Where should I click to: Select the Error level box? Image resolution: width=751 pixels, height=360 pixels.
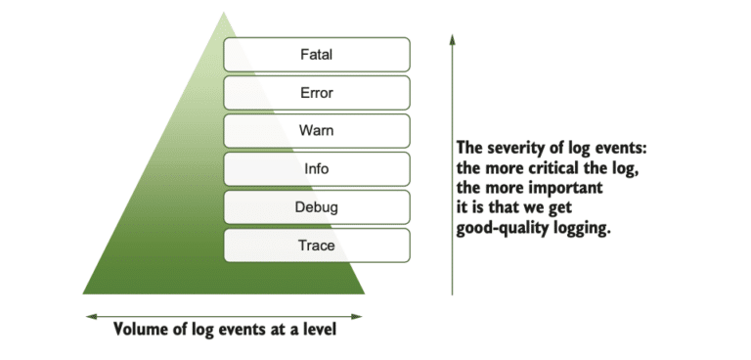click(x=317, y=92)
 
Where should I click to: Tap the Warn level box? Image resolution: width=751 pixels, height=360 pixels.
click(x=317, y=130)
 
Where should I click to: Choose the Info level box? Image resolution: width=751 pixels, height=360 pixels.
click(x=317, y=168)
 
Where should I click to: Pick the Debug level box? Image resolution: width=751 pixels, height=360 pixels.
click(x=317, y=207)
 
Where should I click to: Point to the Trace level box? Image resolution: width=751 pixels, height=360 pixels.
click(x=317, y=246)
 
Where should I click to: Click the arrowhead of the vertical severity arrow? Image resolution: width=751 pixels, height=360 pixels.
click(x=452, y=37)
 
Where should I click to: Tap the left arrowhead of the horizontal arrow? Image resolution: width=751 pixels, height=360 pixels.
click(x=89, y=315)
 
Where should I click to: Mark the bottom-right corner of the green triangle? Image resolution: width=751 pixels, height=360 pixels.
click(x=363, y=292)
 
